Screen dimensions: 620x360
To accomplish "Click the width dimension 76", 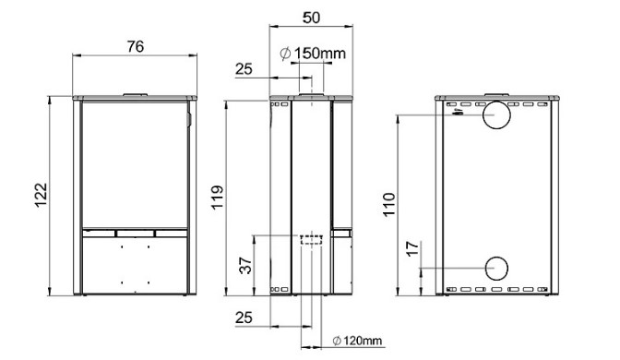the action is (x=136, y=47).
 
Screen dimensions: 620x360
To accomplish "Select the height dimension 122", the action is (x=41, y=195).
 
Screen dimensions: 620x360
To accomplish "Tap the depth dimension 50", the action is (x=311, y=18).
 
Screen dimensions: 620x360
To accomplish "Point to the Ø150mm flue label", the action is (x=313, y=53).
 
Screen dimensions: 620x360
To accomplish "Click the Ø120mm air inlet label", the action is (x=357, y=341).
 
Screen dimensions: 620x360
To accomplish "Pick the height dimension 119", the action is (x=218, y=198).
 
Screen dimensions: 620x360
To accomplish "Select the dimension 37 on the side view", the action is (x=245, y=266).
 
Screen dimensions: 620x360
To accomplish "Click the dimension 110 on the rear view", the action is (x=389, y=204).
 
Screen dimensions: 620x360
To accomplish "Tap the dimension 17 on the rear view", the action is (x=412, y=249).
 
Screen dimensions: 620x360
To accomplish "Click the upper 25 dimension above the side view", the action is (x=244, y=69).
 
